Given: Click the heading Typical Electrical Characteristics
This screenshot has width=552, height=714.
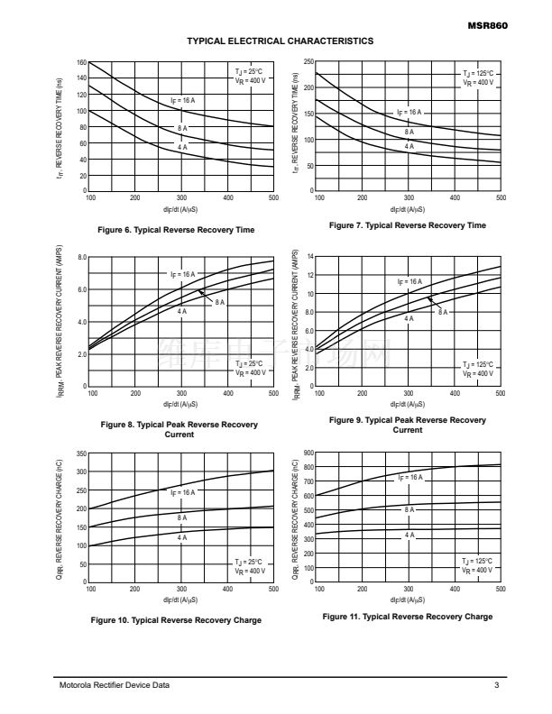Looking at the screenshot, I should click(x=280, y=41).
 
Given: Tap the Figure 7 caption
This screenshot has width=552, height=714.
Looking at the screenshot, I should click(x=408, y=224).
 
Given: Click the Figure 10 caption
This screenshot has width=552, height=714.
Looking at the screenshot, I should click(x=181, y=620).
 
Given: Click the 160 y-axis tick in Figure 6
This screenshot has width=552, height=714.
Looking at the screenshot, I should click(x=80, y=63).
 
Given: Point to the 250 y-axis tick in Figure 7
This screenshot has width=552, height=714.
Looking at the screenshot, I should click(x=308, y=61).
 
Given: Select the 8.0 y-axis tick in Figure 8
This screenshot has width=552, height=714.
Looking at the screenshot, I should click(x=80, y=258).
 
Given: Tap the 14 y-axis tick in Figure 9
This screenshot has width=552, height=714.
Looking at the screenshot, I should click(x=310, y=258).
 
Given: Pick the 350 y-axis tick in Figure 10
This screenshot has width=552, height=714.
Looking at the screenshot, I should click(x=80, y=453).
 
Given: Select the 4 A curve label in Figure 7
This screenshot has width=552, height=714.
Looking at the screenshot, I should click(x=409, y=145).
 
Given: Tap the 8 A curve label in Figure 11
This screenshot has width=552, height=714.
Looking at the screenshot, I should click(x=409, y=509).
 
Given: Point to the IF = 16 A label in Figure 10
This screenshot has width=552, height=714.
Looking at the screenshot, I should click(x=182, y=493).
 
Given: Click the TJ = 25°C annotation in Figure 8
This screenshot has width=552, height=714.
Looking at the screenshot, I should click(x=249, y=363).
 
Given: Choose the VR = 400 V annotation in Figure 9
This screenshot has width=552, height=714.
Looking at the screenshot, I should click(x=477, y=373).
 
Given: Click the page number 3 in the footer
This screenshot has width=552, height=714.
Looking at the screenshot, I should click(x=497, y=687).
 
